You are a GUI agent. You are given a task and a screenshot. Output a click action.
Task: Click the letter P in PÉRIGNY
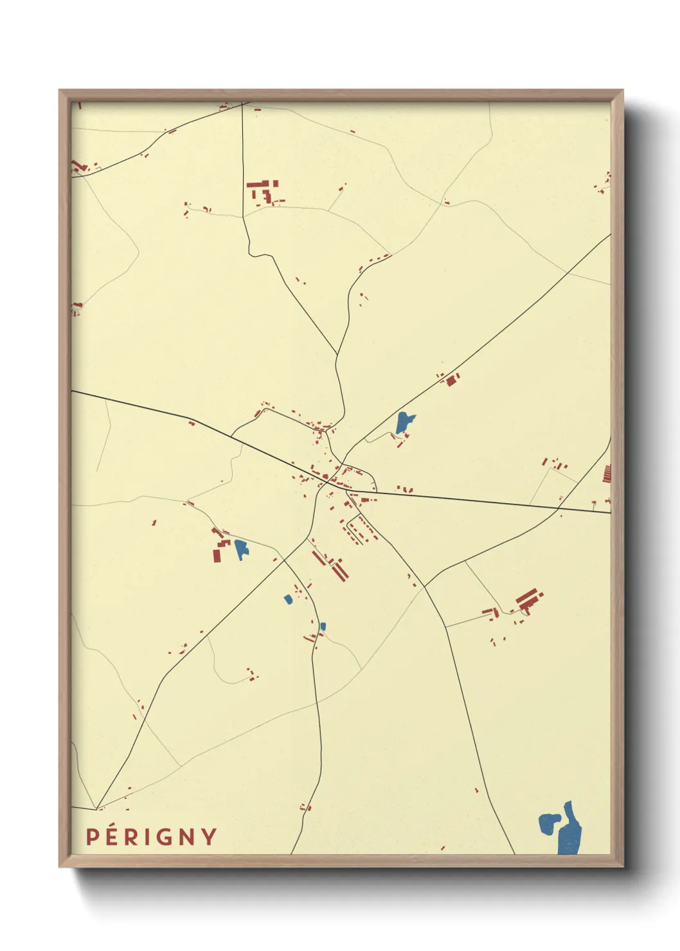(x=93, y=837)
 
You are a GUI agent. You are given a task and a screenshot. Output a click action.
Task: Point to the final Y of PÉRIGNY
(x=210, y=837)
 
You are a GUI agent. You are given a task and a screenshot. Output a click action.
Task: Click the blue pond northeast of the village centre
(x=404, y=422)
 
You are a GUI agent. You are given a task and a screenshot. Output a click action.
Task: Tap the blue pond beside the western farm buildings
(x=241, y=548)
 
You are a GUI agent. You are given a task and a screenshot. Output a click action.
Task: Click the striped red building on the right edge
(x=607, y=473)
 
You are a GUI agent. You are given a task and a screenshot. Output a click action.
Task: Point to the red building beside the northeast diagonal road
(x=451, y=380)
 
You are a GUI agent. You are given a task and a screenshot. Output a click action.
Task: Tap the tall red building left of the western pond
(x=218, y=553)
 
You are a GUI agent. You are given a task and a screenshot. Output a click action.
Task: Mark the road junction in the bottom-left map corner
(x=97, y=808)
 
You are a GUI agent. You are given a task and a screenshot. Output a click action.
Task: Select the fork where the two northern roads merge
(x=337, y=355)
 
